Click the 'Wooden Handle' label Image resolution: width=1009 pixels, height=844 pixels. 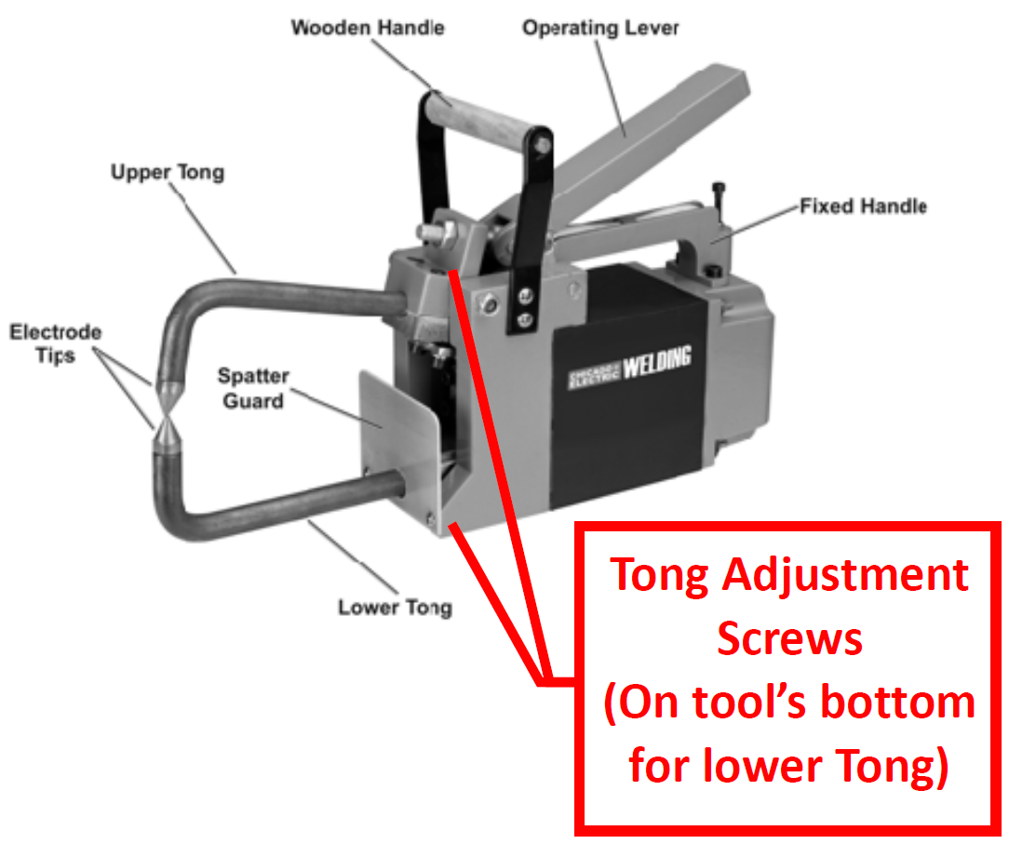coord(368,27)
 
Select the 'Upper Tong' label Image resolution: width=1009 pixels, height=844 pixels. coord(168,172)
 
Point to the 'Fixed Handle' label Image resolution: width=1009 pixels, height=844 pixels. coord(863,206)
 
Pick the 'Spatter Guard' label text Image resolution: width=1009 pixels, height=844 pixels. coord(253,388)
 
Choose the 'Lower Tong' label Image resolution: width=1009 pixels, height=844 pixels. coord(395,608)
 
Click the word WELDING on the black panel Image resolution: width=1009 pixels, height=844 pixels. coord(656,363)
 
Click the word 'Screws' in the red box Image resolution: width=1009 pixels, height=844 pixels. coord(789,639)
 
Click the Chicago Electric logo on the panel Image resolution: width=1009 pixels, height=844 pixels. coord(595,376)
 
